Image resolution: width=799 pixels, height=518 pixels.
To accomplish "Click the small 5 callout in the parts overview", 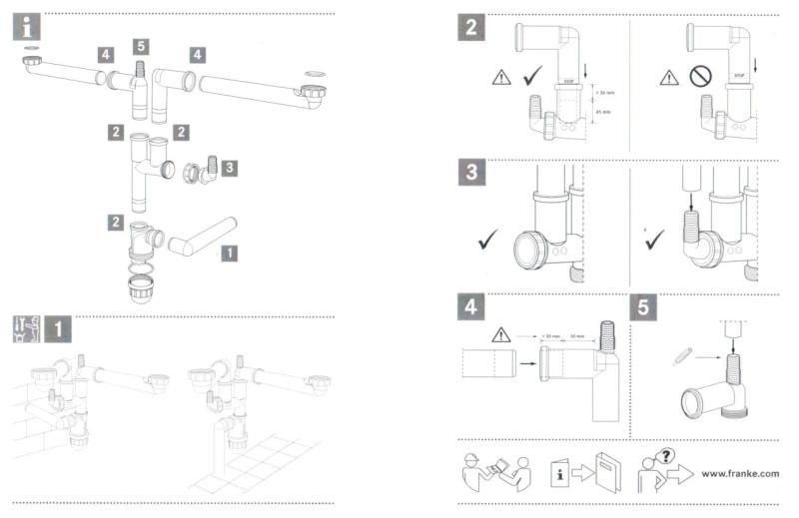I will click(x=141, y=46).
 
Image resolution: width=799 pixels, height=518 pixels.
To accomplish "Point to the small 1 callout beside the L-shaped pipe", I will click(x=229, y=254).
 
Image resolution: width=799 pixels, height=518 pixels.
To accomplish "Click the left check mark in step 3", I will click(x=489, y=240).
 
